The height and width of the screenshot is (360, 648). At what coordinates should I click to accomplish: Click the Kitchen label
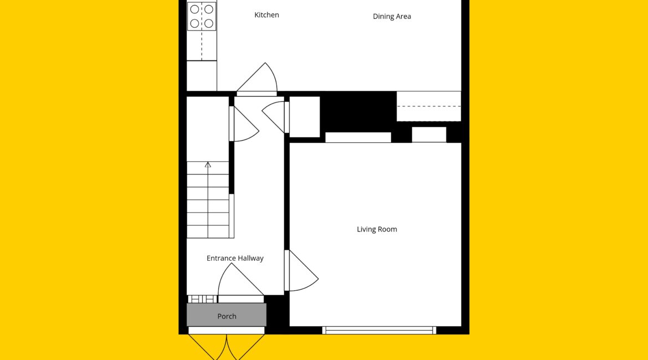[266, 15]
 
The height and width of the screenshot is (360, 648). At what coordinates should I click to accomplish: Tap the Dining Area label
[392, 17]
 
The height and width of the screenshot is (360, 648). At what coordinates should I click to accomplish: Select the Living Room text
[377, 229]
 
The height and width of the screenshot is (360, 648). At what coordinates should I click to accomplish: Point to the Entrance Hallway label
[235, 258]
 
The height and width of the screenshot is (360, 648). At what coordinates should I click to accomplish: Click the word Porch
[227, 316]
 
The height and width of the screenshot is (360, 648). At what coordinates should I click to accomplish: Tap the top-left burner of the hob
[194, 9]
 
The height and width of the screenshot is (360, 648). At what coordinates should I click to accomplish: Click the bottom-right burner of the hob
[209, 24]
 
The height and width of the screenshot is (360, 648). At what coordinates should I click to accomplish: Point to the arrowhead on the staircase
[208, 164]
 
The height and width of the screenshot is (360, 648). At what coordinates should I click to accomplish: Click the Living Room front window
[379, 330]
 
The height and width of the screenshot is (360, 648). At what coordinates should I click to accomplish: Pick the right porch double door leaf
[246, 347]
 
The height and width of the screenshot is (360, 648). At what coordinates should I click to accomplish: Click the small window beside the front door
[203, 299]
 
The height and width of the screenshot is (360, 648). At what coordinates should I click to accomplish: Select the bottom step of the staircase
[208, 232]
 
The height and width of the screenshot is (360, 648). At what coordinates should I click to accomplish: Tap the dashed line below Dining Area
[429, 106]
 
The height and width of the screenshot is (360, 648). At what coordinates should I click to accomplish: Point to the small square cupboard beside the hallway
[305, 117]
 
